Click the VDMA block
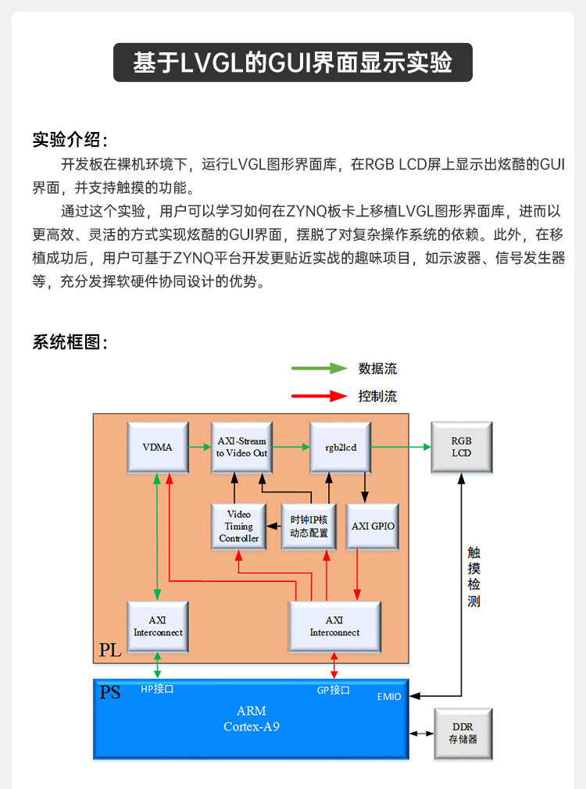pos(158,448)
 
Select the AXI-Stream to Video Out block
pos(241,448)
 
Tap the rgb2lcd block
pos(340,448)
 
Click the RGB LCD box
pos(462,448)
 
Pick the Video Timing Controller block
pos(238,527)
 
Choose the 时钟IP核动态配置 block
pos(309,527)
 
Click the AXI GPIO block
pos(373,527)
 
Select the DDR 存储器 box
pos(463,734)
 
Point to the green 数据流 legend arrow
pos(319,369)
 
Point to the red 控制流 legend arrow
pos(319,396)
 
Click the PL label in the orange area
pos(109,649)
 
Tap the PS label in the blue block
pos(111,692)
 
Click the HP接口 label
pos(157,690)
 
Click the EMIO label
pos(389,696)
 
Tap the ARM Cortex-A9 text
pos(252,719)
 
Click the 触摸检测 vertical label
pos(474,577)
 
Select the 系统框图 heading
pos(70,341)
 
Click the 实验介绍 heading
pos(70,140)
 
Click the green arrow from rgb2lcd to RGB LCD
pos(400,448)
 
